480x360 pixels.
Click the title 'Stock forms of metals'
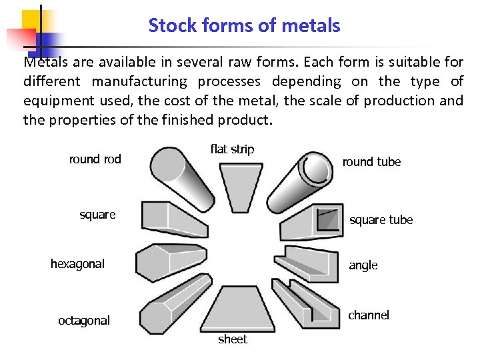pyautogui.click(x=244, y=26)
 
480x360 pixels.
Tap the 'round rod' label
pyautogui.click(x=95, y=159)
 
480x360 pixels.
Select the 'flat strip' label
pyautogui.click(x=232, y=149)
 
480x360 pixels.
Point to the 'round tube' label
pyautogui.click(x=371, y=162)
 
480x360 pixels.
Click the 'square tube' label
pyautogui.click(x=381, y=220)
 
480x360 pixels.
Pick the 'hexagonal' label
pyautogui.click(x=77, y=264)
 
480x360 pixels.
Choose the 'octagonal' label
pyautogui.click(x=84, y=321)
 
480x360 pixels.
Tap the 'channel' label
pyautogui.click(x=369, y=315)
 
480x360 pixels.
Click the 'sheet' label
pyautogui.click(x=233, y=339)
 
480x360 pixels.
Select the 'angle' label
pyautogui.click(x=363, y=265)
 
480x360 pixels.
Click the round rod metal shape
pyautogui.click(x=175, y=171)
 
